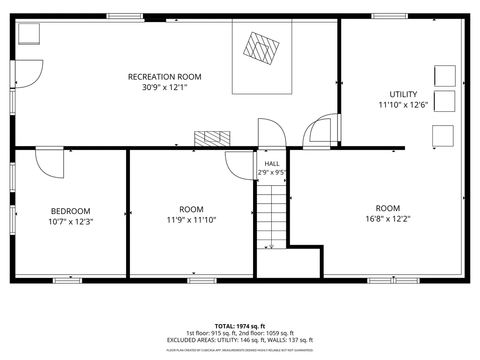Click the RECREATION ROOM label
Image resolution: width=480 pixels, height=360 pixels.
click(x=165, y=77)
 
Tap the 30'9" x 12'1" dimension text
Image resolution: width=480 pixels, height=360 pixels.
click(x=165, y=88)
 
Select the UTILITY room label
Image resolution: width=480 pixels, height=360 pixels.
click(x=403, y=94)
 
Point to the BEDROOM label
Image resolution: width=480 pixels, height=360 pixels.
click(x=71, y=211)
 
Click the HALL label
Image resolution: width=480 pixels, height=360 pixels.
click(x=272, y=164)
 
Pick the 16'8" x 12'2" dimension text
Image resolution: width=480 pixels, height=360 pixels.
click(x=388, y=219)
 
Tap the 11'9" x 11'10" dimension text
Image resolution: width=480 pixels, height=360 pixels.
click(x=191, y=220)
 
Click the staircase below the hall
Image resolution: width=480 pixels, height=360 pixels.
click(x=271, y=217)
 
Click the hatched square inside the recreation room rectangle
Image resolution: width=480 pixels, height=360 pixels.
click(x=261, y=49)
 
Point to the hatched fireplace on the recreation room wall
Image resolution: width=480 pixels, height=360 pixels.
click(x=212, y=139)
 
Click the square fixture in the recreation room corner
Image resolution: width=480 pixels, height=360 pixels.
click(x=29, y=34)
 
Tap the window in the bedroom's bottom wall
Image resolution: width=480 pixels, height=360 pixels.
click(x=67, y=280)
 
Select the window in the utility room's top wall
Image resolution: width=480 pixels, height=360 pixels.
click(x=389, y=16)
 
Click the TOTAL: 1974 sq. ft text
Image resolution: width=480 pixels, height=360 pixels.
click(x=240, y=326)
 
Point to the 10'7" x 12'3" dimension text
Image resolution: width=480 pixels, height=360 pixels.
click(x=71, y=222)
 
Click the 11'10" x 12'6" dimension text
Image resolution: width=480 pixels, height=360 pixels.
click(x=403, y=105)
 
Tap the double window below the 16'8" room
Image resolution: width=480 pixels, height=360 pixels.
click(x=393, y=280)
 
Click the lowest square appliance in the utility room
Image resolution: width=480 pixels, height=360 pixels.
click(x=443, y=136)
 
